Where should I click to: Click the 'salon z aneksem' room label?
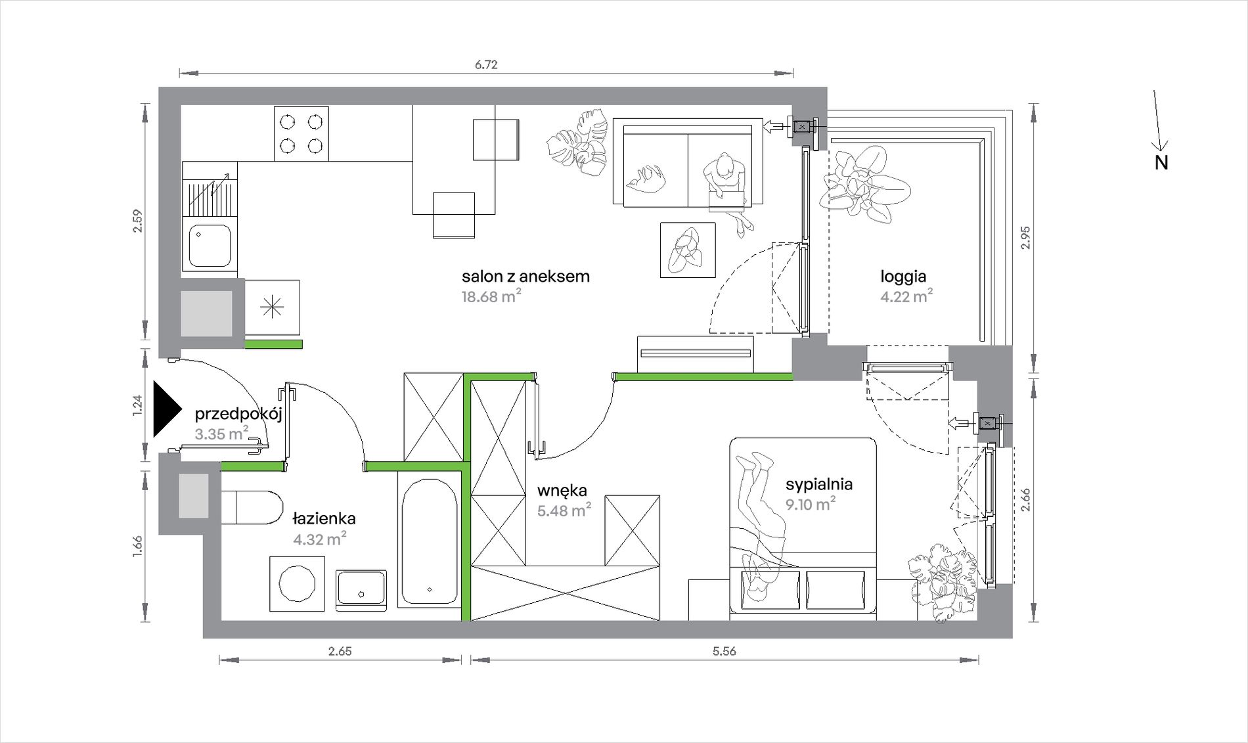tap(525, 277)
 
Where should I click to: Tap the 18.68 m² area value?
tap(491, 296)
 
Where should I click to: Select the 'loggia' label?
tap(903, 277)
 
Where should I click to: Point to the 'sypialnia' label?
tap(819, 485)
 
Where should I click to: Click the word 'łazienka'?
tap(324, 518)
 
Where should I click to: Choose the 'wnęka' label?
tap(562, 491)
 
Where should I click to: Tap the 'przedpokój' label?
tap(238, 415)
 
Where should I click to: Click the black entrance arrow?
tap(167, 409)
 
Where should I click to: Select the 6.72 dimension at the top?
tap(486, 64)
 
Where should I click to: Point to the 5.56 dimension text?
tap(724, 651)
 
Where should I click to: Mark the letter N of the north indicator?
tap(1161, 163)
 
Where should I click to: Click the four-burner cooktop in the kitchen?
tap(301, 133)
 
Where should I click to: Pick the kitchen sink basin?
tap(210, 246)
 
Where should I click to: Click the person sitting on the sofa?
tap(727, 191)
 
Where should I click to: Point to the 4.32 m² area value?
tap(320, 539)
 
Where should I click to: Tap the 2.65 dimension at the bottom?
tap(340, 651)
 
